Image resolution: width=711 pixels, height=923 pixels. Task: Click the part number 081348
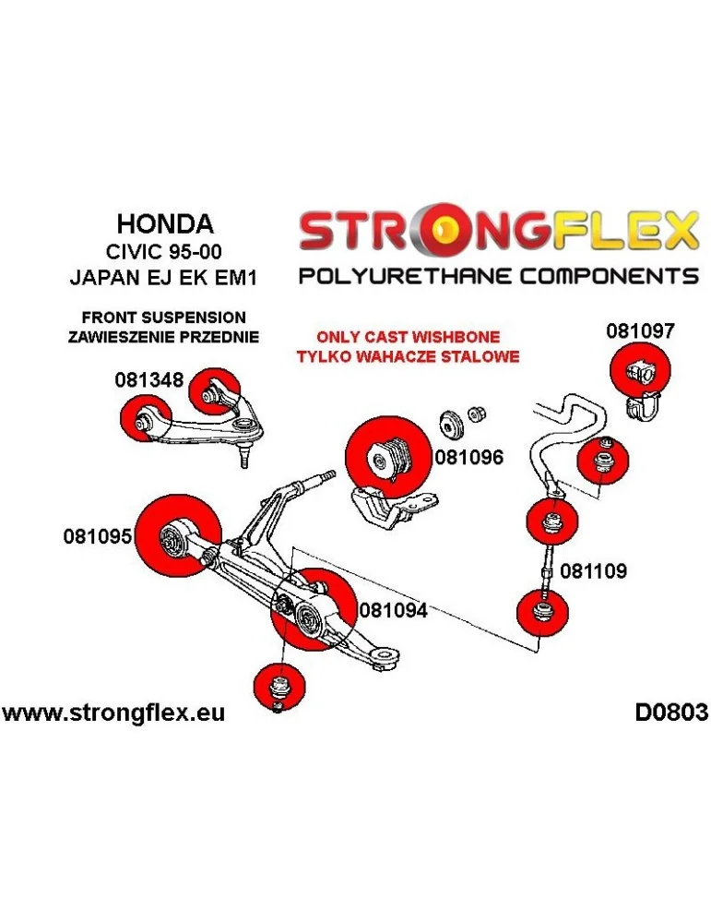coord(148,379)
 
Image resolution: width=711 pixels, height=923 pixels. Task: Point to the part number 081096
coord(469,456)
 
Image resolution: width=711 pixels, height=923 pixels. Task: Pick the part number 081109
coord(593,571)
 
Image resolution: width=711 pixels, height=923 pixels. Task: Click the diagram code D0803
coord(670,712)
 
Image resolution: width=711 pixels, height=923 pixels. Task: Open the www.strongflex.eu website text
coord(113,713)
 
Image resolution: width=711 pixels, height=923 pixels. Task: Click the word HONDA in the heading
coord(165,223)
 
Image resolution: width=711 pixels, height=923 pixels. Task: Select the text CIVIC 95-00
coord(165,250)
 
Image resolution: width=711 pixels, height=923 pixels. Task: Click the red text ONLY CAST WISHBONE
coord(408,338)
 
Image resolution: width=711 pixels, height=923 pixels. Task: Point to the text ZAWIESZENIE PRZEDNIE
coord(163,337)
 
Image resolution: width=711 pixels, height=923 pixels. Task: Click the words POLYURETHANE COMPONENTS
coord(497,276)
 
